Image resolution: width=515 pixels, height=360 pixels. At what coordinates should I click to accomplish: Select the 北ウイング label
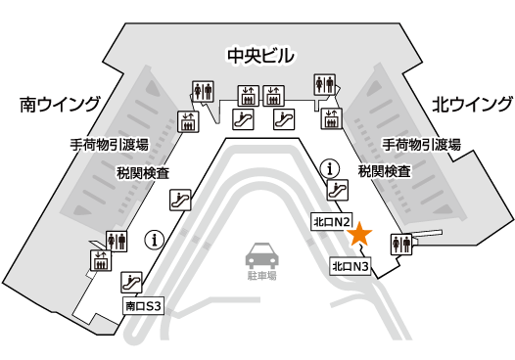click(472, 104)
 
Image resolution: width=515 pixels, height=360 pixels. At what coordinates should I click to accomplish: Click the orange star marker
click(360, 233)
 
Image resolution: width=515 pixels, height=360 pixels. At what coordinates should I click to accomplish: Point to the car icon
click(258, 256)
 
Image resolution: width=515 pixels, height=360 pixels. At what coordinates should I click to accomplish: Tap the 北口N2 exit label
click(331, 222)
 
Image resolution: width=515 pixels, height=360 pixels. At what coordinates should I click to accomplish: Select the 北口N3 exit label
click(350, 265)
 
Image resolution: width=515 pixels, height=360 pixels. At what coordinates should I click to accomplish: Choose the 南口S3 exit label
click(142, 305)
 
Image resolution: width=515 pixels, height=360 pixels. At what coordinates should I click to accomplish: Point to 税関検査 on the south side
click(141, 172)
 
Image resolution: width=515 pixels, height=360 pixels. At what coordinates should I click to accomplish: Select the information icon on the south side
click(154, 238)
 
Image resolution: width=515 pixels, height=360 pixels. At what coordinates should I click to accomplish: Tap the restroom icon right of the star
click(402, 244)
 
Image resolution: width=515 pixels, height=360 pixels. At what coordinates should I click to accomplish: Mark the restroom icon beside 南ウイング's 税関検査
click(117, 240)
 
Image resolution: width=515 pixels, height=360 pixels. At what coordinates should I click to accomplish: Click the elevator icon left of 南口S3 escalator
click(100, 260)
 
